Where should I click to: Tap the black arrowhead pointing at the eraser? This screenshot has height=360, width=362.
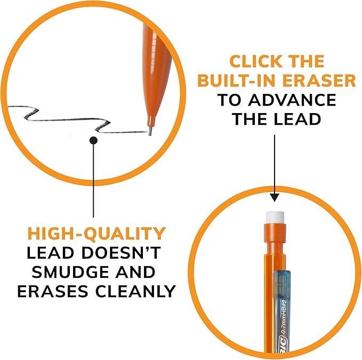(x=274, y=197)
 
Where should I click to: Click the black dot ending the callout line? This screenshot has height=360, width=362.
(x=94, y=140)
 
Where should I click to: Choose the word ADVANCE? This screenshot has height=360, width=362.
(x=296, y=100)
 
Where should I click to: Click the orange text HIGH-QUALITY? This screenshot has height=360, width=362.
(x=97, y=234)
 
